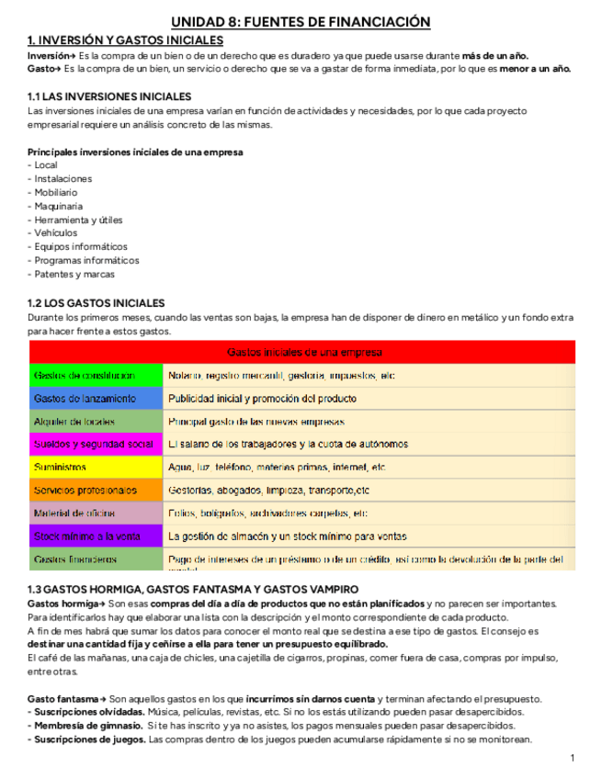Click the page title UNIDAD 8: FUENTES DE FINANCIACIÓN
(301, 22)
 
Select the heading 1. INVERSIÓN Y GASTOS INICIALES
(125, 40)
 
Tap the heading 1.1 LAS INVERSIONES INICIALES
(109, 96)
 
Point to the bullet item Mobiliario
(55, 193)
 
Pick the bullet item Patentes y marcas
(74, 275)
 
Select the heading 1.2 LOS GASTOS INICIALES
(96, 303)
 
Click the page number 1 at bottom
(572, 758)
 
